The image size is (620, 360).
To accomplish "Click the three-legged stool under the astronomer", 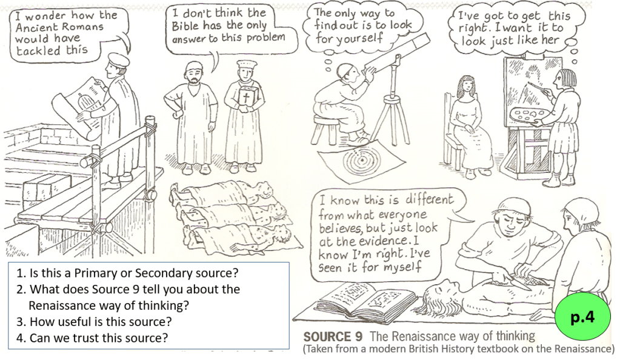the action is click(327, 128).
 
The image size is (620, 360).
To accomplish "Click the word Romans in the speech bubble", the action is click(83, 27).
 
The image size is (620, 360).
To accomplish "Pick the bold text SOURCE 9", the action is click(333, 336).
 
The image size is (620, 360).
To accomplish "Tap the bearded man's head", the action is click(194, 74).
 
